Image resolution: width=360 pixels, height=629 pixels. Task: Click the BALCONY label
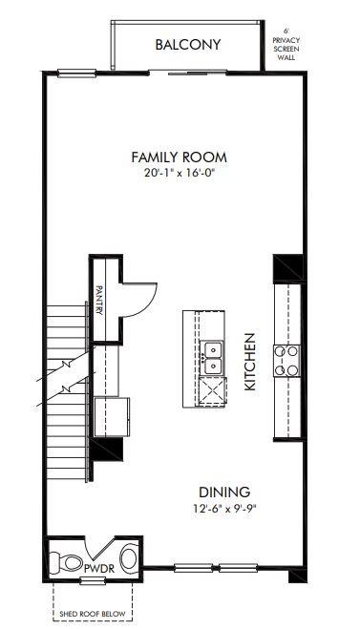click(188, 45)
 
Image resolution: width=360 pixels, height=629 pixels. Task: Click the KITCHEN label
click(250, 363)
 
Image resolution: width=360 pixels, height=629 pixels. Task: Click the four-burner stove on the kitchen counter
click(286, 362)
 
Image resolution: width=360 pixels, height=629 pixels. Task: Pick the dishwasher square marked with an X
click(211, 392)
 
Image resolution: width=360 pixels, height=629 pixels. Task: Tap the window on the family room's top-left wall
click(78, 73)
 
